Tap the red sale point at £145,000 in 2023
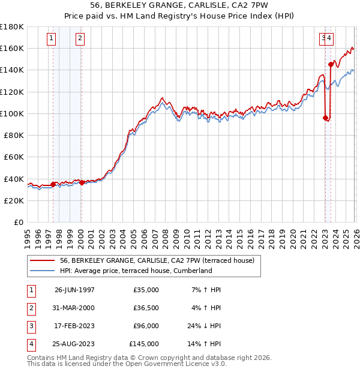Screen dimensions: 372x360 click(331, 64)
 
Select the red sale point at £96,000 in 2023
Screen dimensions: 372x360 click(325, 118)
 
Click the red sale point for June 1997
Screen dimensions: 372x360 click(53, 184)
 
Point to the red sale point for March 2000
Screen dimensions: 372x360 click(82, 182)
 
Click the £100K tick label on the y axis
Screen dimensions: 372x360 click(13, 113)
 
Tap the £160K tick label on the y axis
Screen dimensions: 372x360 click(13, 48)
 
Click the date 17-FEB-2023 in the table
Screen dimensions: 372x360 click(74, 327)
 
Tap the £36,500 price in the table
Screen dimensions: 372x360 click(143, 308)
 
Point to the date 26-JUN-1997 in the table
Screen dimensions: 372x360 click(74, 290)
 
